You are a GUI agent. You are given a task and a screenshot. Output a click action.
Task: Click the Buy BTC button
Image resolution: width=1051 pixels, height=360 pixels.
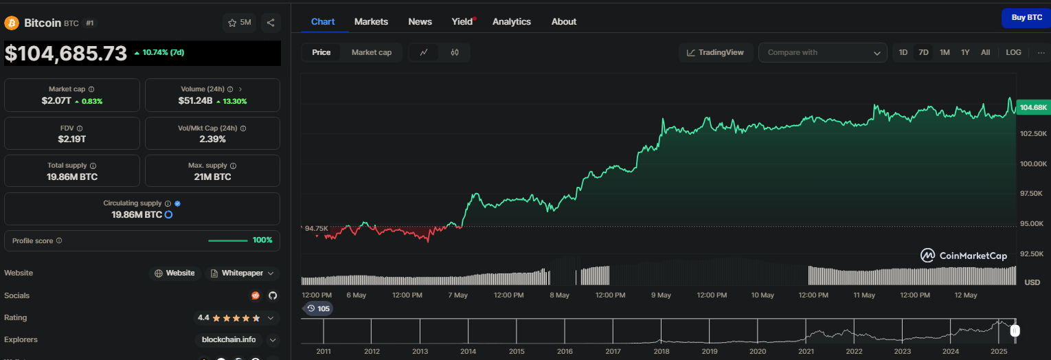click(x=1026, y=18)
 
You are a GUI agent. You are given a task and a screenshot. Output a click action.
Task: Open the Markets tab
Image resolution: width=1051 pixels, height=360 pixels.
click(x=371, y=21)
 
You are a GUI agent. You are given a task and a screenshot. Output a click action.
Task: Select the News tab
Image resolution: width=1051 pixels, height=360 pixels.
click(x=420, y=21)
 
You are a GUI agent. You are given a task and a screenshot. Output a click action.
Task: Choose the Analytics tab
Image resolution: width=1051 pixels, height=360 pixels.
click(x=511, y=21)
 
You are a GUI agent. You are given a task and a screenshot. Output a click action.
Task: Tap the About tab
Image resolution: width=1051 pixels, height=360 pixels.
click(x=563, y=21)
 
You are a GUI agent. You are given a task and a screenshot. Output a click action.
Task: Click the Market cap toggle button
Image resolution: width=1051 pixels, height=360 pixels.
click(x=371, y=52)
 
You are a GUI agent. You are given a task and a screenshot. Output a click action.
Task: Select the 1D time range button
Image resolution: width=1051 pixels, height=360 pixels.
click(x=903, y=52)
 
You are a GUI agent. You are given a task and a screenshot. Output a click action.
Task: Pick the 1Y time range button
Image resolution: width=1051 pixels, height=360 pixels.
click(x=965, y=52)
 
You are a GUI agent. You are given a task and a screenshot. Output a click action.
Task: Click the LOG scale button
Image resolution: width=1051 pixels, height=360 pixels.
click(x=1013, y=52)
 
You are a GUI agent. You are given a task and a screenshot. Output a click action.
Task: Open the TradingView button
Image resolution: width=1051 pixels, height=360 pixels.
click(x=715, y=52)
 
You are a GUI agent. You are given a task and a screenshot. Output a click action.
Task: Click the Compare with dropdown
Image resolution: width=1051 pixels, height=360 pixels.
click(x=822, y=52)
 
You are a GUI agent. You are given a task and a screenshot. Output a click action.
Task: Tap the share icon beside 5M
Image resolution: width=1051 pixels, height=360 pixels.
click(x=271, y=23)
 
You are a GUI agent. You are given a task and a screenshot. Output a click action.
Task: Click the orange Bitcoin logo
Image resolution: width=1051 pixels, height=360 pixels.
click(x=12, y=23)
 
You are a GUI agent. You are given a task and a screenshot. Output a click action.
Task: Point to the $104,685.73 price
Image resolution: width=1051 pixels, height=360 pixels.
click(x=66, y=54)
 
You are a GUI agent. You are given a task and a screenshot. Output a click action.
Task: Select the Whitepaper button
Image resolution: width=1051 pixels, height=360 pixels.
click(x=242, y=273)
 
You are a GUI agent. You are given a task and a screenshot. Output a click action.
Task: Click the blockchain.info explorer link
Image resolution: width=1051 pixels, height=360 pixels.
click(x=229, y=339)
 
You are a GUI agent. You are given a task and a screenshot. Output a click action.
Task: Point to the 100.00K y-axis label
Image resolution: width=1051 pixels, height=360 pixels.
click(x=1033, y=164)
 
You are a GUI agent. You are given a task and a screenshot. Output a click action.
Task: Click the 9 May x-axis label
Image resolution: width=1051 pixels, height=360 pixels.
click(x=661, y=295)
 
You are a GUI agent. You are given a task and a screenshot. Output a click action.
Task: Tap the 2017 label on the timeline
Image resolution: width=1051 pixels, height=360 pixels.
click(x=613, y=351)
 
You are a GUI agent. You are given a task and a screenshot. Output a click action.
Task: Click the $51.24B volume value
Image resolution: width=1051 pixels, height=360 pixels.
click(x=195, y=101)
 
